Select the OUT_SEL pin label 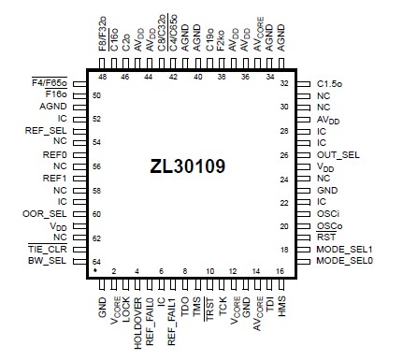pyautogui.click(x=338, y=153)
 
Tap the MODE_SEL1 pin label pyautogui.click(x=345, y=249)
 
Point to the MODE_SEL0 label pyautogui.click(x=345, y=261)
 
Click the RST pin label pyautogui.click(x=324, y=238)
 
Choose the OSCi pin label pyautogui.click(x=328, y=213)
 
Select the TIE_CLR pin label pyautogui.click(x=47, y=249)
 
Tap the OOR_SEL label pyautogui.click(x=44, y=213)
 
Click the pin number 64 pyautogui.click(x=95, y=261)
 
